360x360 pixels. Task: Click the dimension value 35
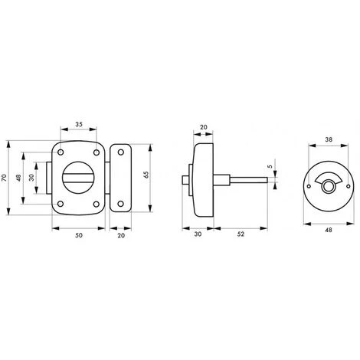pos(79,124)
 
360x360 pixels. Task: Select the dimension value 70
pos(4,178)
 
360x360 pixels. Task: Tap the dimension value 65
pos(146,175)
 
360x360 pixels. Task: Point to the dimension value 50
pos(79,235)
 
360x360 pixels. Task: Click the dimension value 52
pos(241,234)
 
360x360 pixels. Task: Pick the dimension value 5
pos(270,166)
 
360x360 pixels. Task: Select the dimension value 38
pos(329,139)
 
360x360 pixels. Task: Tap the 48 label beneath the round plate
pos(329,230)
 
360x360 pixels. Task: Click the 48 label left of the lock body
pos(18,178)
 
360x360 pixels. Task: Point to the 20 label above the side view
pos(204,127)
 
